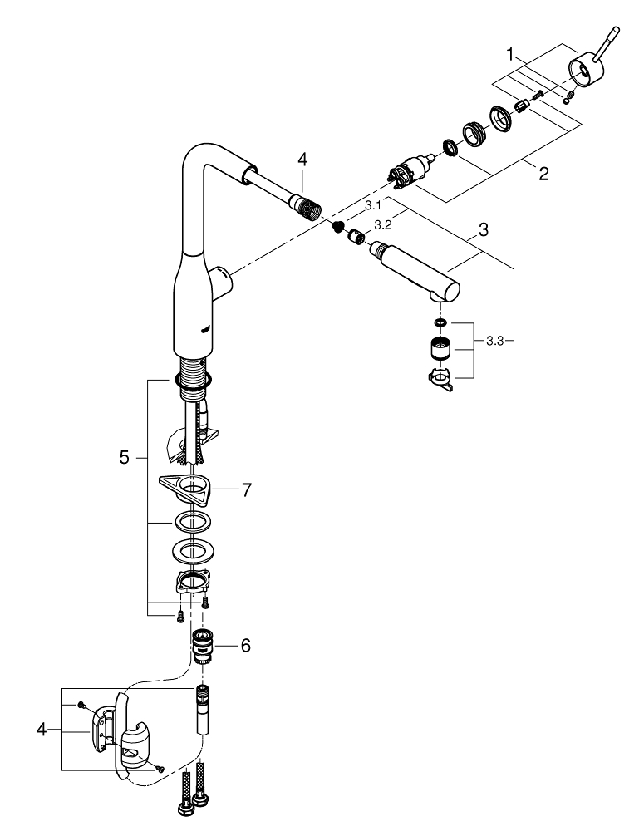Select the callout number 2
click(x=543, y=175)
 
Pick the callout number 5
click(x=125, y=457)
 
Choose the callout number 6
click(x=244, y=645)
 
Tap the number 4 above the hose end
click(x=302, y=158)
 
